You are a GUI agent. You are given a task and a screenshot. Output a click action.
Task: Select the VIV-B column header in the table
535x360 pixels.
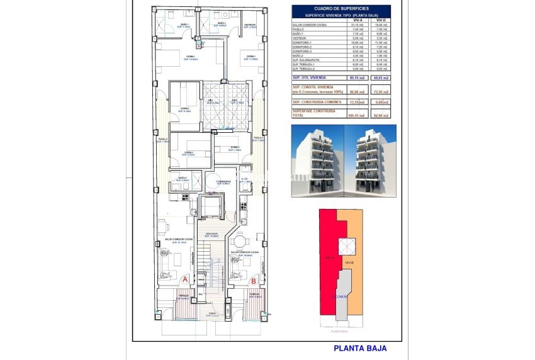380,20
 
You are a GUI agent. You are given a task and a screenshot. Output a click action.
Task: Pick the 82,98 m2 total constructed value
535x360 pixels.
380,115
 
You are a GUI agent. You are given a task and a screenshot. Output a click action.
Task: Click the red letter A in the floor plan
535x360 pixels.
184,279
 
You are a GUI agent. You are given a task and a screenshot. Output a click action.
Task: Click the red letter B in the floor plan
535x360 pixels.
253,281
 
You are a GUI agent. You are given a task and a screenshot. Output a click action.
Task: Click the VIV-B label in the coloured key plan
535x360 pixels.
350,262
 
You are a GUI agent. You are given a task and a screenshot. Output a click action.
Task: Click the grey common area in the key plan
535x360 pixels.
341,296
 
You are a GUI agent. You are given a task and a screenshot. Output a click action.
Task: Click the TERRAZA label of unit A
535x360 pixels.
183,295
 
